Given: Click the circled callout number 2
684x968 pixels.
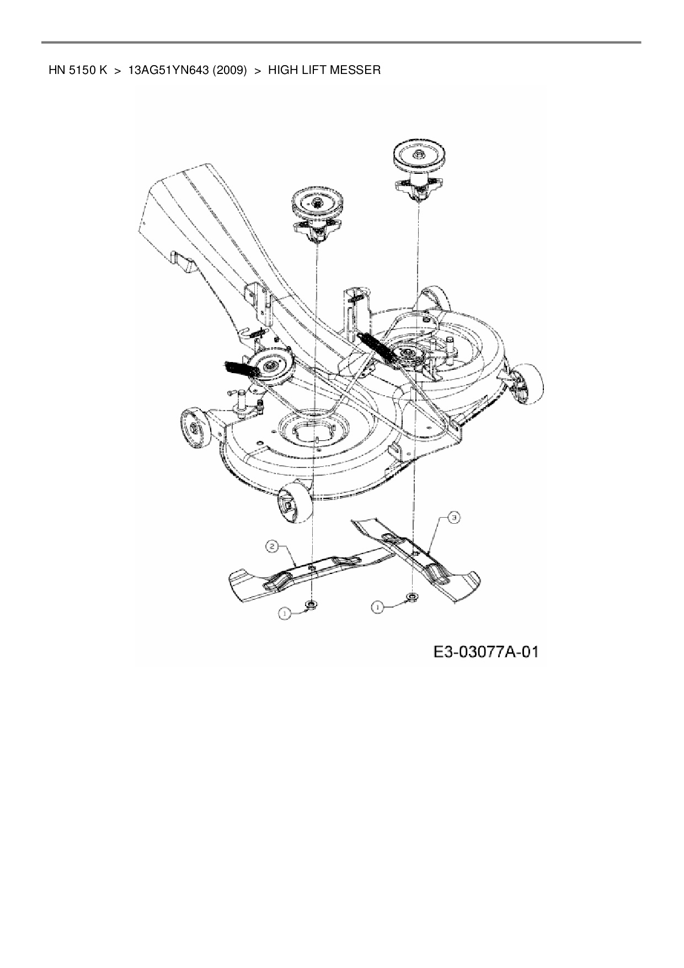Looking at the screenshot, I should pos(272,547).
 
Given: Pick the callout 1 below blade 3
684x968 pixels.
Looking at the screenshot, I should pos(377,607).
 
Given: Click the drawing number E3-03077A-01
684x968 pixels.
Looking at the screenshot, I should pos(485,652).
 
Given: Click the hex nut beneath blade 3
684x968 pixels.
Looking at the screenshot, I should pos(412,597).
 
